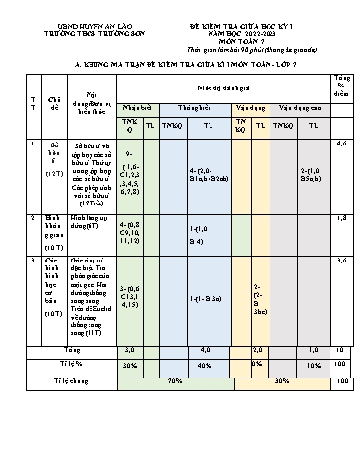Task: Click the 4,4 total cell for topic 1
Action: coord(340,144)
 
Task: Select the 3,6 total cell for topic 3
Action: coord(340,261)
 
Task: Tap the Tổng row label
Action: coord(72,349)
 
